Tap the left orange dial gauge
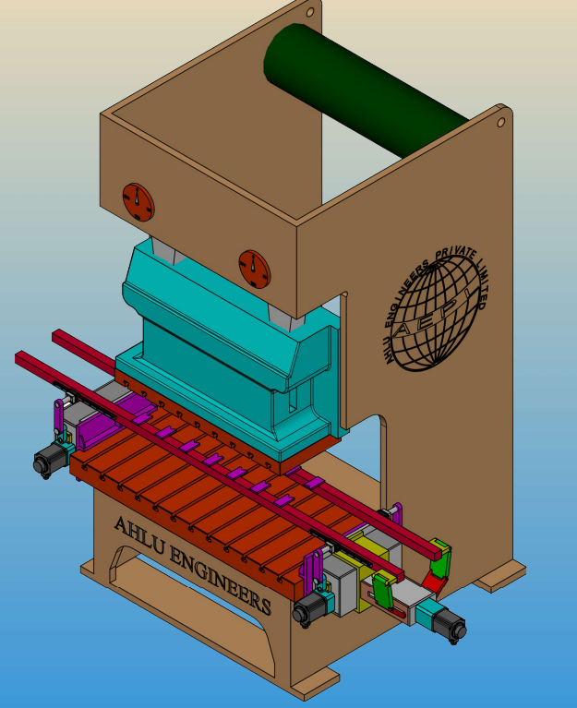138,202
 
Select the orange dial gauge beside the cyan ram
255,270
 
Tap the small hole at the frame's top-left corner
310,12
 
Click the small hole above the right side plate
500,123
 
